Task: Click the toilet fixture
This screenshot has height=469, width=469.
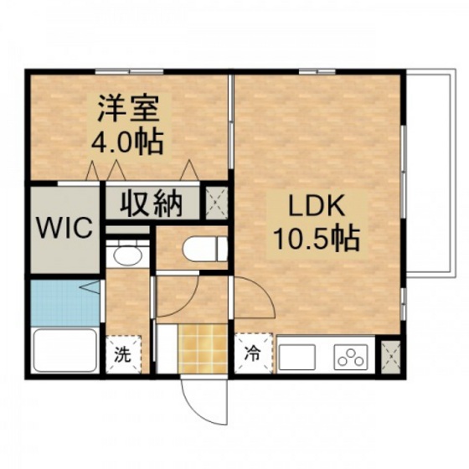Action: point(201,248)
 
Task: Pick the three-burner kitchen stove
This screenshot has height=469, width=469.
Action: point(352,356)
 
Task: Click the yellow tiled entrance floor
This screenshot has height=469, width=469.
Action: point(203,347)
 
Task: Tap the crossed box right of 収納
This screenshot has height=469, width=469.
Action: point(217,202)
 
